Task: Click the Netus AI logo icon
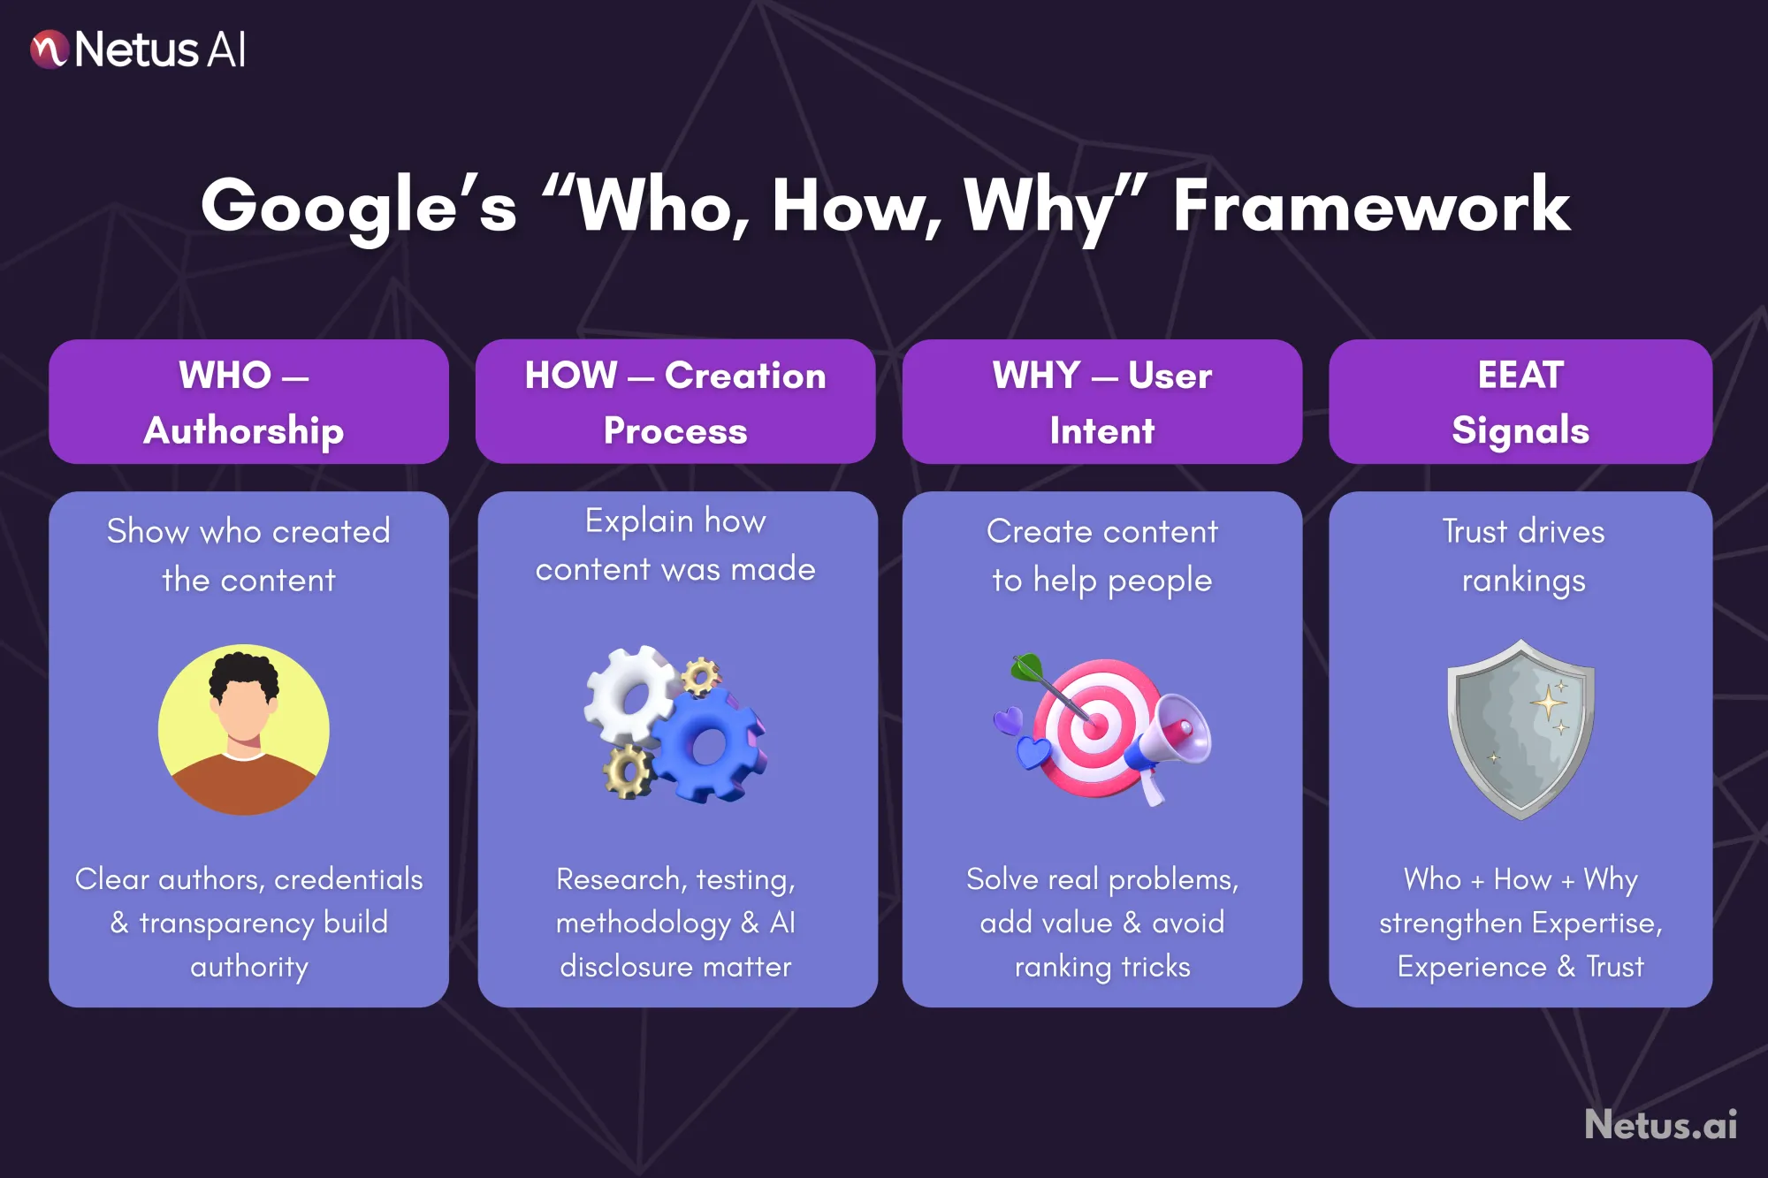(50, 49)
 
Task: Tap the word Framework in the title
(1371, 207)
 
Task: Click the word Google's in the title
(358, 207)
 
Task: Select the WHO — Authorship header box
(248, 402)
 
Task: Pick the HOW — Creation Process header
(675, 402)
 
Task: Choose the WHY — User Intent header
(1101, 402)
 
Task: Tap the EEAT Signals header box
(1520, 402)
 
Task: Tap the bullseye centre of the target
(1094, 727)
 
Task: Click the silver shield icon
(1520, 729)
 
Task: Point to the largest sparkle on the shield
(1549, 703)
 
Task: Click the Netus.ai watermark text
(1660, 1125)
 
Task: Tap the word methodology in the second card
(644, 923)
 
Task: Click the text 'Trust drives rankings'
(1523, 556)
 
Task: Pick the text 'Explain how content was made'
(675, 545)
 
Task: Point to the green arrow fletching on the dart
(1027, 667)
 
